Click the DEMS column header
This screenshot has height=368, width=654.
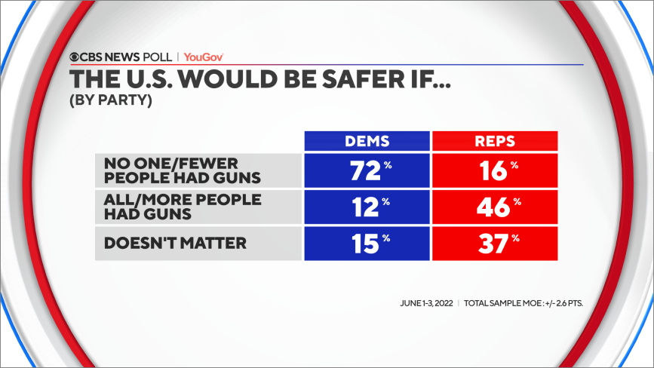click(x=366, y=141)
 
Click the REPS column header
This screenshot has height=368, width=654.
click(x=494, y=141)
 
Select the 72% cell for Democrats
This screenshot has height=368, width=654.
click(x=366, y=170)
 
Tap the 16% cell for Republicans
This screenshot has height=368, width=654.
click(x=494, y=170)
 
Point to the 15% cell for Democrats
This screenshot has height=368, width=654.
click(x=366, y=243)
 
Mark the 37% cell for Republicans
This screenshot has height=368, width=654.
click(x=494, y=243)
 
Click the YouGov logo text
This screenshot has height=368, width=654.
click(x=204, y=57)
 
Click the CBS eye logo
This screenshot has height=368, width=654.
click(x=75, y=57)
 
